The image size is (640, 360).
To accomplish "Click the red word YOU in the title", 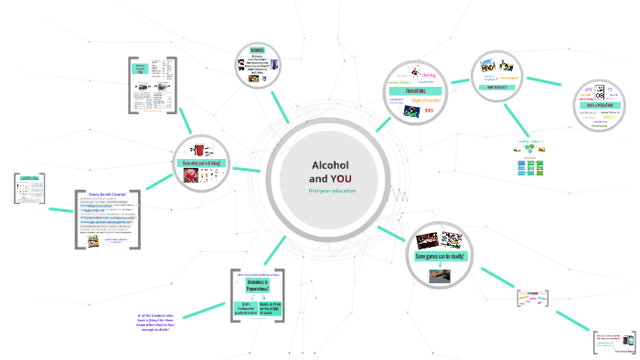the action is coord(341,177).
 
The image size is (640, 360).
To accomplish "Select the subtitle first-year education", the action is coord(332,190).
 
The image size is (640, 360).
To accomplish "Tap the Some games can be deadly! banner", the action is coord(441,257).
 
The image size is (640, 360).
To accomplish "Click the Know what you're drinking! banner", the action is coord(202,164).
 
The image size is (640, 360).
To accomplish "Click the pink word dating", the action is coord(429,75).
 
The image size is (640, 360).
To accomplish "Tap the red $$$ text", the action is coord(429,111).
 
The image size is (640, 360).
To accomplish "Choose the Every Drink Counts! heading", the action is coord(106,195).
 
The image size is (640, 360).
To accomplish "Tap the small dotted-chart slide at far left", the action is coord(29,189).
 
